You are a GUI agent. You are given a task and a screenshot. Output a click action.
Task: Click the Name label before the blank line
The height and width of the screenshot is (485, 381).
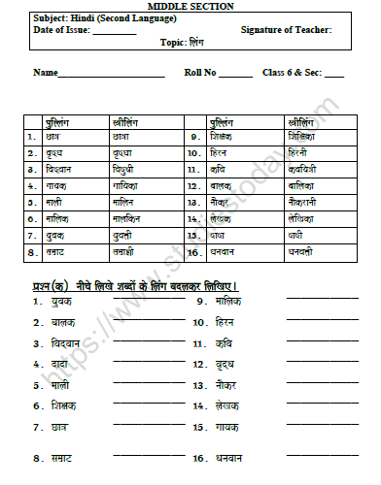(46, 73)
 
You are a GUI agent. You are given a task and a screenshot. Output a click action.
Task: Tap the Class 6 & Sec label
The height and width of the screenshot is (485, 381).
(292, 73)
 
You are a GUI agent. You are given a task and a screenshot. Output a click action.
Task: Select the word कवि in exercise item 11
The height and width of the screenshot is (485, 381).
(225, 342)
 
